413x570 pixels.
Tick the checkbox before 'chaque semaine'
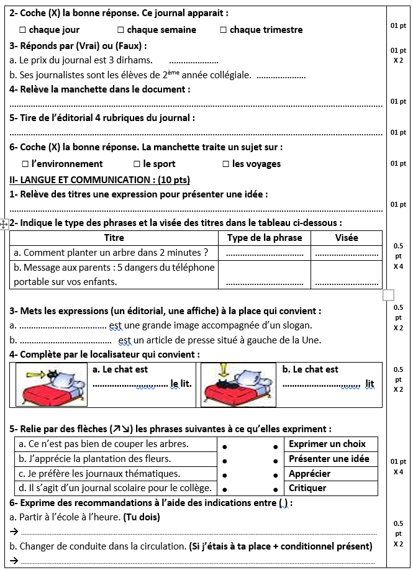[x=120, y=30]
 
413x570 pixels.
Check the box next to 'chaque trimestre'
[x=223, y=30]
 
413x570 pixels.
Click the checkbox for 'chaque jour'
[x=22, y=30]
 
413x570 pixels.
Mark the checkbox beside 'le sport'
[x=137, y=164]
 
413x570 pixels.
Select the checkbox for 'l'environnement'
[x=25, y=164]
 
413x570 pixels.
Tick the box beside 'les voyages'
[x=226, y=164]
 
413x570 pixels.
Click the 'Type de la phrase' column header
[x=265, y=238]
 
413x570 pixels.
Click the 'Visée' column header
[x=346, y=238]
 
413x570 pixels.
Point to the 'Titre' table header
[x=114, y=238]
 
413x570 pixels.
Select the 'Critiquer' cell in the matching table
[x=307, y=488]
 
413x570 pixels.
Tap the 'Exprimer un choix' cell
[x=327, y=444]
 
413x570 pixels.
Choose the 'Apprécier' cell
[x=310, y=473]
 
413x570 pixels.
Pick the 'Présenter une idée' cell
[x=329, y=459]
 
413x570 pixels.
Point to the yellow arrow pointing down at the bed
[x=224, y=371]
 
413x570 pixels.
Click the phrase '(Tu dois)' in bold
[x=142, y=517]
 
